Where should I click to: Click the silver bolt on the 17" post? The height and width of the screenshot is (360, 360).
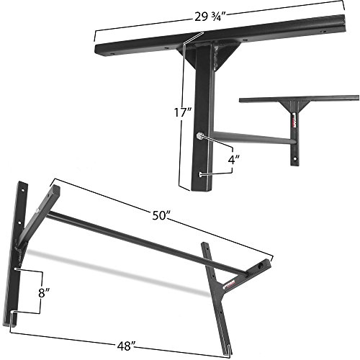[x=199, y=135]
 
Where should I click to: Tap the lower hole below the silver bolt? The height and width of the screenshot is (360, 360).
[x=199, y=174]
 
